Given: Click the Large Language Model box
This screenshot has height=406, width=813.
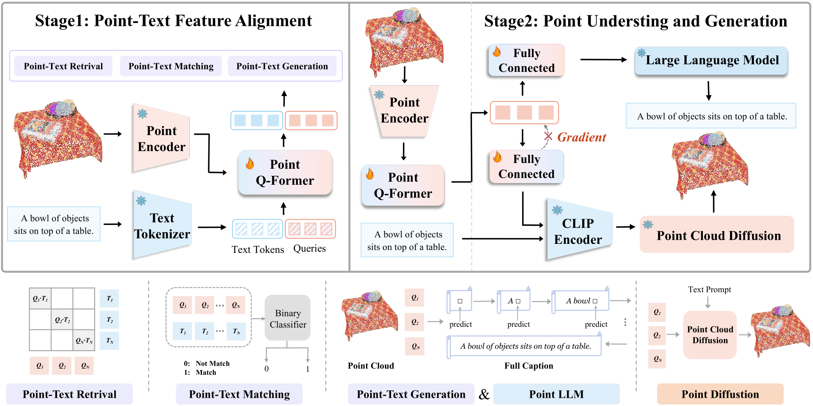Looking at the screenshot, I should point(711,60).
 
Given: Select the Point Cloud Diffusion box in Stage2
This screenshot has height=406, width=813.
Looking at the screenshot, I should point(717,235).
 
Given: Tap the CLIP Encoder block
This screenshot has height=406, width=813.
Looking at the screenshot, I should point(578,231).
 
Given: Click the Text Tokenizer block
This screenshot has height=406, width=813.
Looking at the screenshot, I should point(162,225).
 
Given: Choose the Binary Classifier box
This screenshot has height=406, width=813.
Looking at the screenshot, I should point(288,318).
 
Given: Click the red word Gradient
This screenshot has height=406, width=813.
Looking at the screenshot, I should point(581,137).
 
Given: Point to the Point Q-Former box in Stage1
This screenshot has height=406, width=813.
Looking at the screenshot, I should point(285,172).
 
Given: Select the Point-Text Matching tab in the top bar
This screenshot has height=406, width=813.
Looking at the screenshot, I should point(171,66).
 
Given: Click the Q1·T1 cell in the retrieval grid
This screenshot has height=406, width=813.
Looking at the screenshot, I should point(40,298).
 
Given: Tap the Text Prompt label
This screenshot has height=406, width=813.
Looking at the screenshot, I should point(709,289).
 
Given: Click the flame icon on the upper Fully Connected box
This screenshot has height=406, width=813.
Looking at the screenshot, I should point(497,52).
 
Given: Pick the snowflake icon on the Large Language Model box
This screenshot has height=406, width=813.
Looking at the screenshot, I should point(641,53).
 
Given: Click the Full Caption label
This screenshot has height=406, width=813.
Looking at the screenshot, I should point(529,366).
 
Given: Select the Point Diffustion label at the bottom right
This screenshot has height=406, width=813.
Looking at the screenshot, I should point(720,394).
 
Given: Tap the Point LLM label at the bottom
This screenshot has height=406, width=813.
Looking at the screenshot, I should point(556,394).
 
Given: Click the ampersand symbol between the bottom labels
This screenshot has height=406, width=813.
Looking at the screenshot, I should point(484,395).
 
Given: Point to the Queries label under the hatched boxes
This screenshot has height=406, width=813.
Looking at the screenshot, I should point(309,248).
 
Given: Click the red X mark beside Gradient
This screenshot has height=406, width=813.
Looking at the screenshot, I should point(548,136).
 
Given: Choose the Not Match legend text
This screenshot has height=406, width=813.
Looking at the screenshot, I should point(212,363).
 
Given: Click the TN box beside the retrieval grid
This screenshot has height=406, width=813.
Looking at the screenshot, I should point(109,341).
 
